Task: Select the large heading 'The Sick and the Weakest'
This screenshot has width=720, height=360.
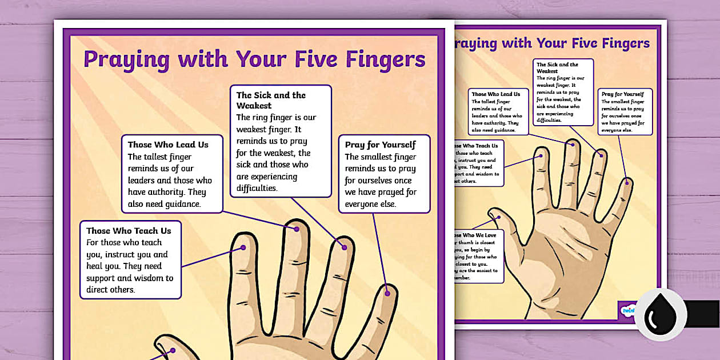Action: point(271,100)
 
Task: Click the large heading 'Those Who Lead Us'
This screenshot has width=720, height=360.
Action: point(168,145)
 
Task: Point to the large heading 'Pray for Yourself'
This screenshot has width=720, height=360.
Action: point(380,145)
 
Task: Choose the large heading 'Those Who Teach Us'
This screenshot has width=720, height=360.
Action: point(129,231)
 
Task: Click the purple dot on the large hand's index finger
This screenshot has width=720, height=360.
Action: point(243,248)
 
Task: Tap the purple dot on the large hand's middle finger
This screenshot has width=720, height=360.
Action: point(297,229)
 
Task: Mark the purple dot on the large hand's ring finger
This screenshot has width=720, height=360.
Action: point(345,247)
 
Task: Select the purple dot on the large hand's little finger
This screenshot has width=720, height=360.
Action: point(387,293)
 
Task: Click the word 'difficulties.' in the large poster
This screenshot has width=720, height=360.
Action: point(257,187)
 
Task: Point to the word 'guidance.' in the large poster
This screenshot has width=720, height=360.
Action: point(182,204)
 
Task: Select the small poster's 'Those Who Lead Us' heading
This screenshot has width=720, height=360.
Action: point(495,94)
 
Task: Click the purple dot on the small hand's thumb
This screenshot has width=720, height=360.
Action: point(497,217)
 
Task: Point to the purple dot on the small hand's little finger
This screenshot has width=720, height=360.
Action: point(627,182)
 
